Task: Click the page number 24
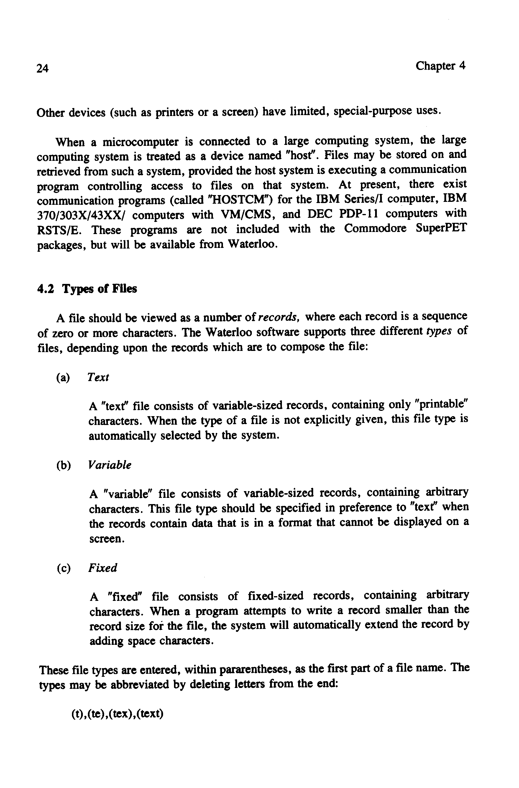pos(42,68)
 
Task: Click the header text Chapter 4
pos(440,66)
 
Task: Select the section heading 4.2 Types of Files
pos(87,289)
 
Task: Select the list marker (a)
pos(63,377)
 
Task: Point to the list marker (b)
pos(63,465)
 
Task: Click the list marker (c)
pos(63,568)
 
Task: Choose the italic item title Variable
pos(110,465)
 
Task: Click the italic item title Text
pos(98,377)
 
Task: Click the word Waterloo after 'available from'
pos(252,244)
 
